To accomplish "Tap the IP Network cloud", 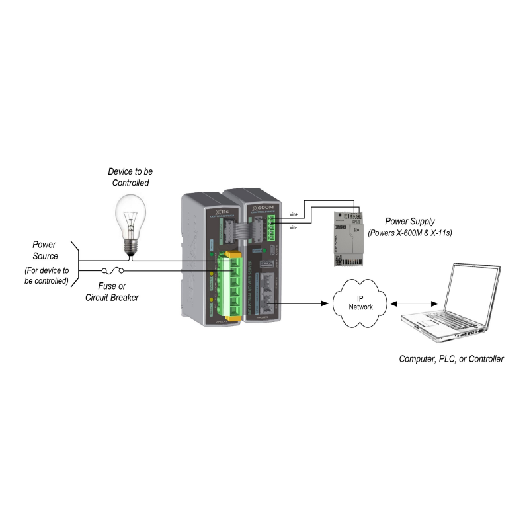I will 360,303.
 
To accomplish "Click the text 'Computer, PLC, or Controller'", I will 451,359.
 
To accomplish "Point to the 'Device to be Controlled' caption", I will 130,177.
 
